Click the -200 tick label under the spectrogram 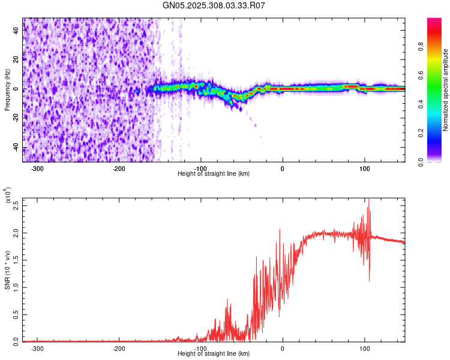point(119,167)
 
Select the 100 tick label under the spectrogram point(364,167)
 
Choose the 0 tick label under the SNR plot point(283,347)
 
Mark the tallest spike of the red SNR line point(368,199)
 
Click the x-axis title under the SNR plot point(214,354)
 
